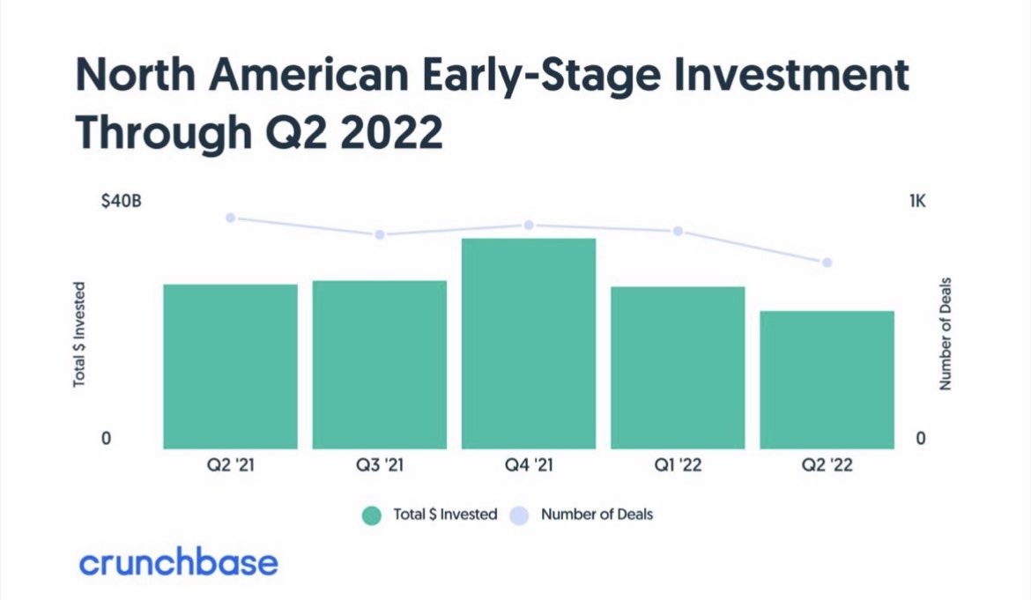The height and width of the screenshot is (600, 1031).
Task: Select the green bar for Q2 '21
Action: (x=230, y=366)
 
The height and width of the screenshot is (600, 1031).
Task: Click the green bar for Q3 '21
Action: (x=379, y=364)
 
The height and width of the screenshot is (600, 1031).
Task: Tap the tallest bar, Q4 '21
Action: (x=529, y=343)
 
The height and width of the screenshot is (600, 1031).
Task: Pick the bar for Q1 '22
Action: (x=678, y=367)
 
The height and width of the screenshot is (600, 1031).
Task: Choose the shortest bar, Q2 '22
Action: (x=827, y=379)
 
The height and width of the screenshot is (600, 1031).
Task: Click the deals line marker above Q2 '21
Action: (x=230, y=218)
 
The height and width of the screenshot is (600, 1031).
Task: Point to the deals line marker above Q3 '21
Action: (x=380, y=234)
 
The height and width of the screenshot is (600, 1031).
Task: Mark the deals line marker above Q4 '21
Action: (x=529, y=226)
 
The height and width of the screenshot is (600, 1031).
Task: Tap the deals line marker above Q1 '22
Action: (x=678, y=231)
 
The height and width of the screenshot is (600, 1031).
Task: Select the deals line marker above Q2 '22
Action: (x=827, y=263)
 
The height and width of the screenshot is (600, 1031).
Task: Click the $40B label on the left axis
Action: (x=121, y=202)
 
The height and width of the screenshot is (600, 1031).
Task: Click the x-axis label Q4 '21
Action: (x=529, y=465)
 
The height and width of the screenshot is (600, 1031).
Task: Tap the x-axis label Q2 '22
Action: (x=827, y=465)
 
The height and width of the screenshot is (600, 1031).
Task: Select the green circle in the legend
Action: (x=372, y=515)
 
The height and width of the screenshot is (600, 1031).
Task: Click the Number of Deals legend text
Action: (x=597, y=515)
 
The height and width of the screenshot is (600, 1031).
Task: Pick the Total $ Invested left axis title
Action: (x=79, y=335)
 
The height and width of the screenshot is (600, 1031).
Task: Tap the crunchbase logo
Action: (x=178, y=562)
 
